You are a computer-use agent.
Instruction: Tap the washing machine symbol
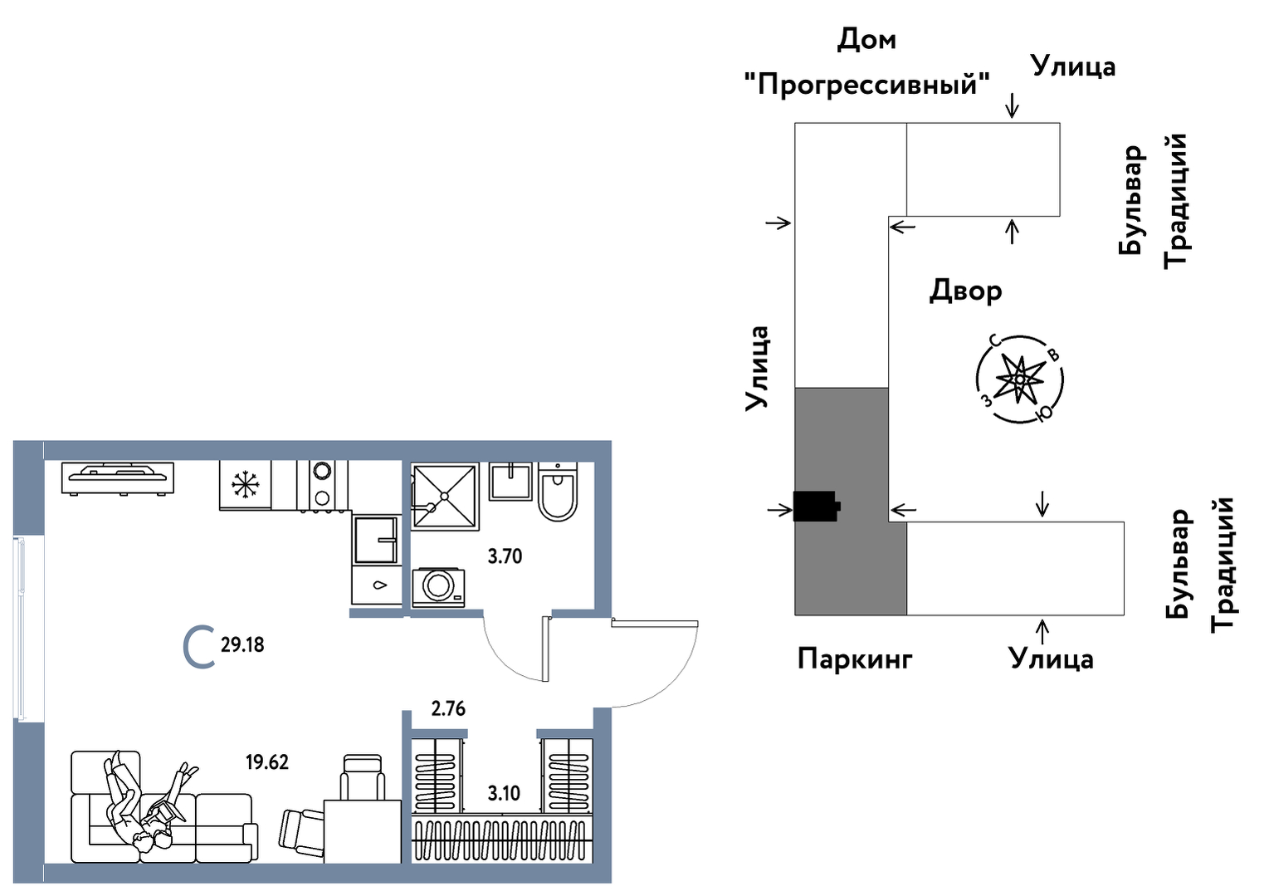coord(438,586)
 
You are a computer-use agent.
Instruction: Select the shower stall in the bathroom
coord(446,496)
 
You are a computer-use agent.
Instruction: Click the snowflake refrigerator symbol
coord(246,485)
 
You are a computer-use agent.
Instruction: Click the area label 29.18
coord(242,644)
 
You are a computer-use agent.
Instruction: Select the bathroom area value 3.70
coord(505,556)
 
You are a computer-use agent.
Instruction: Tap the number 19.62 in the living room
coord(267,762)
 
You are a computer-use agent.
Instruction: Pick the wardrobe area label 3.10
coord(504,793)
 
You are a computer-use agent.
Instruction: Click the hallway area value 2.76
coord(448,709)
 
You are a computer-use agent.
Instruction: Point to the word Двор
coord(965,291)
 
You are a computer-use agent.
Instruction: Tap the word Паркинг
coord(854,659)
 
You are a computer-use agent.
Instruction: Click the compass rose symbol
coord(1020,379)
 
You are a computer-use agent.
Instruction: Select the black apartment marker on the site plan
coord(816,506)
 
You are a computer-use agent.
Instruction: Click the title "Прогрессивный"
coord(866,85)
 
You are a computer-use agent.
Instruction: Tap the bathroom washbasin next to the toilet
coord(510,482)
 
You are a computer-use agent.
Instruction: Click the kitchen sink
coord(376,540)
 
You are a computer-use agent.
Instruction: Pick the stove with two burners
coord(321,486)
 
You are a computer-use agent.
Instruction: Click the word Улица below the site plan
coord(1051,659)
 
